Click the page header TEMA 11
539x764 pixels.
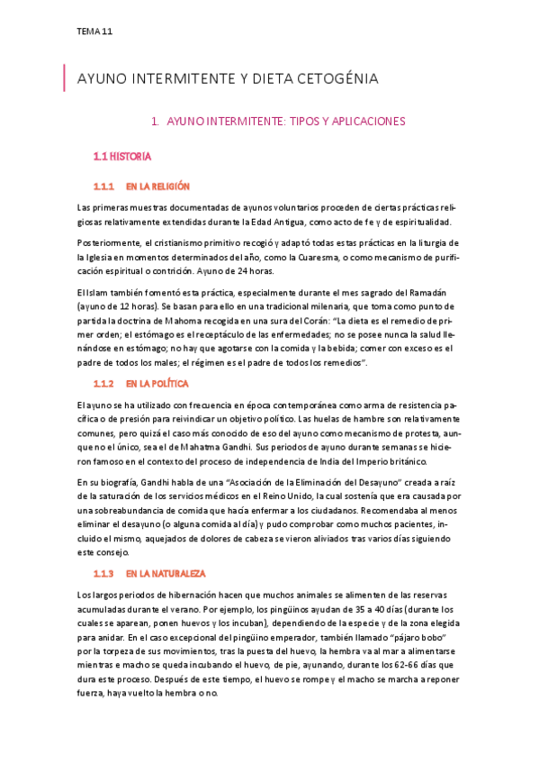[94, 32]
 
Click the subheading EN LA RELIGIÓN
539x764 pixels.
[157, 186]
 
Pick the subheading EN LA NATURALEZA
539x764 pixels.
[166, 573]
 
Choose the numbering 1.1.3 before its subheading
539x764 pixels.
[103, 573]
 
